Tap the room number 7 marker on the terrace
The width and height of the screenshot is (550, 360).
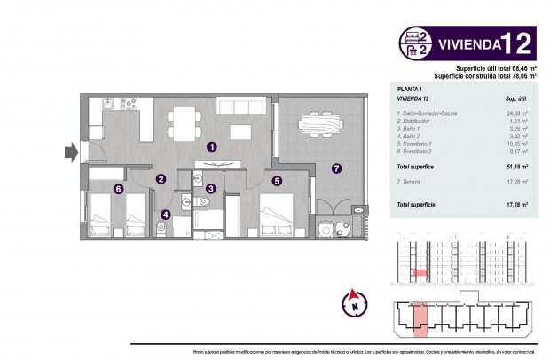click(336, 168)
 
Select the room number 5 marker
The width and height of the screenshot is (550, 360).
click(277, 182)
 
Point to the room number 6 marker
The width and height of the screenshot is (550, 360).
click(118, 188)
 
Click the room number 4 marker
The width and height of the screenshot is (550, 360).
click(164, 213)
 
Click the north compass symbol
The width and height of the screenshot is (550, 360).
click(354, 302)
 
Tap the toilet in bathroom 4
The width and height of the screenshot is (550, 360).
click(161, 228)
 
